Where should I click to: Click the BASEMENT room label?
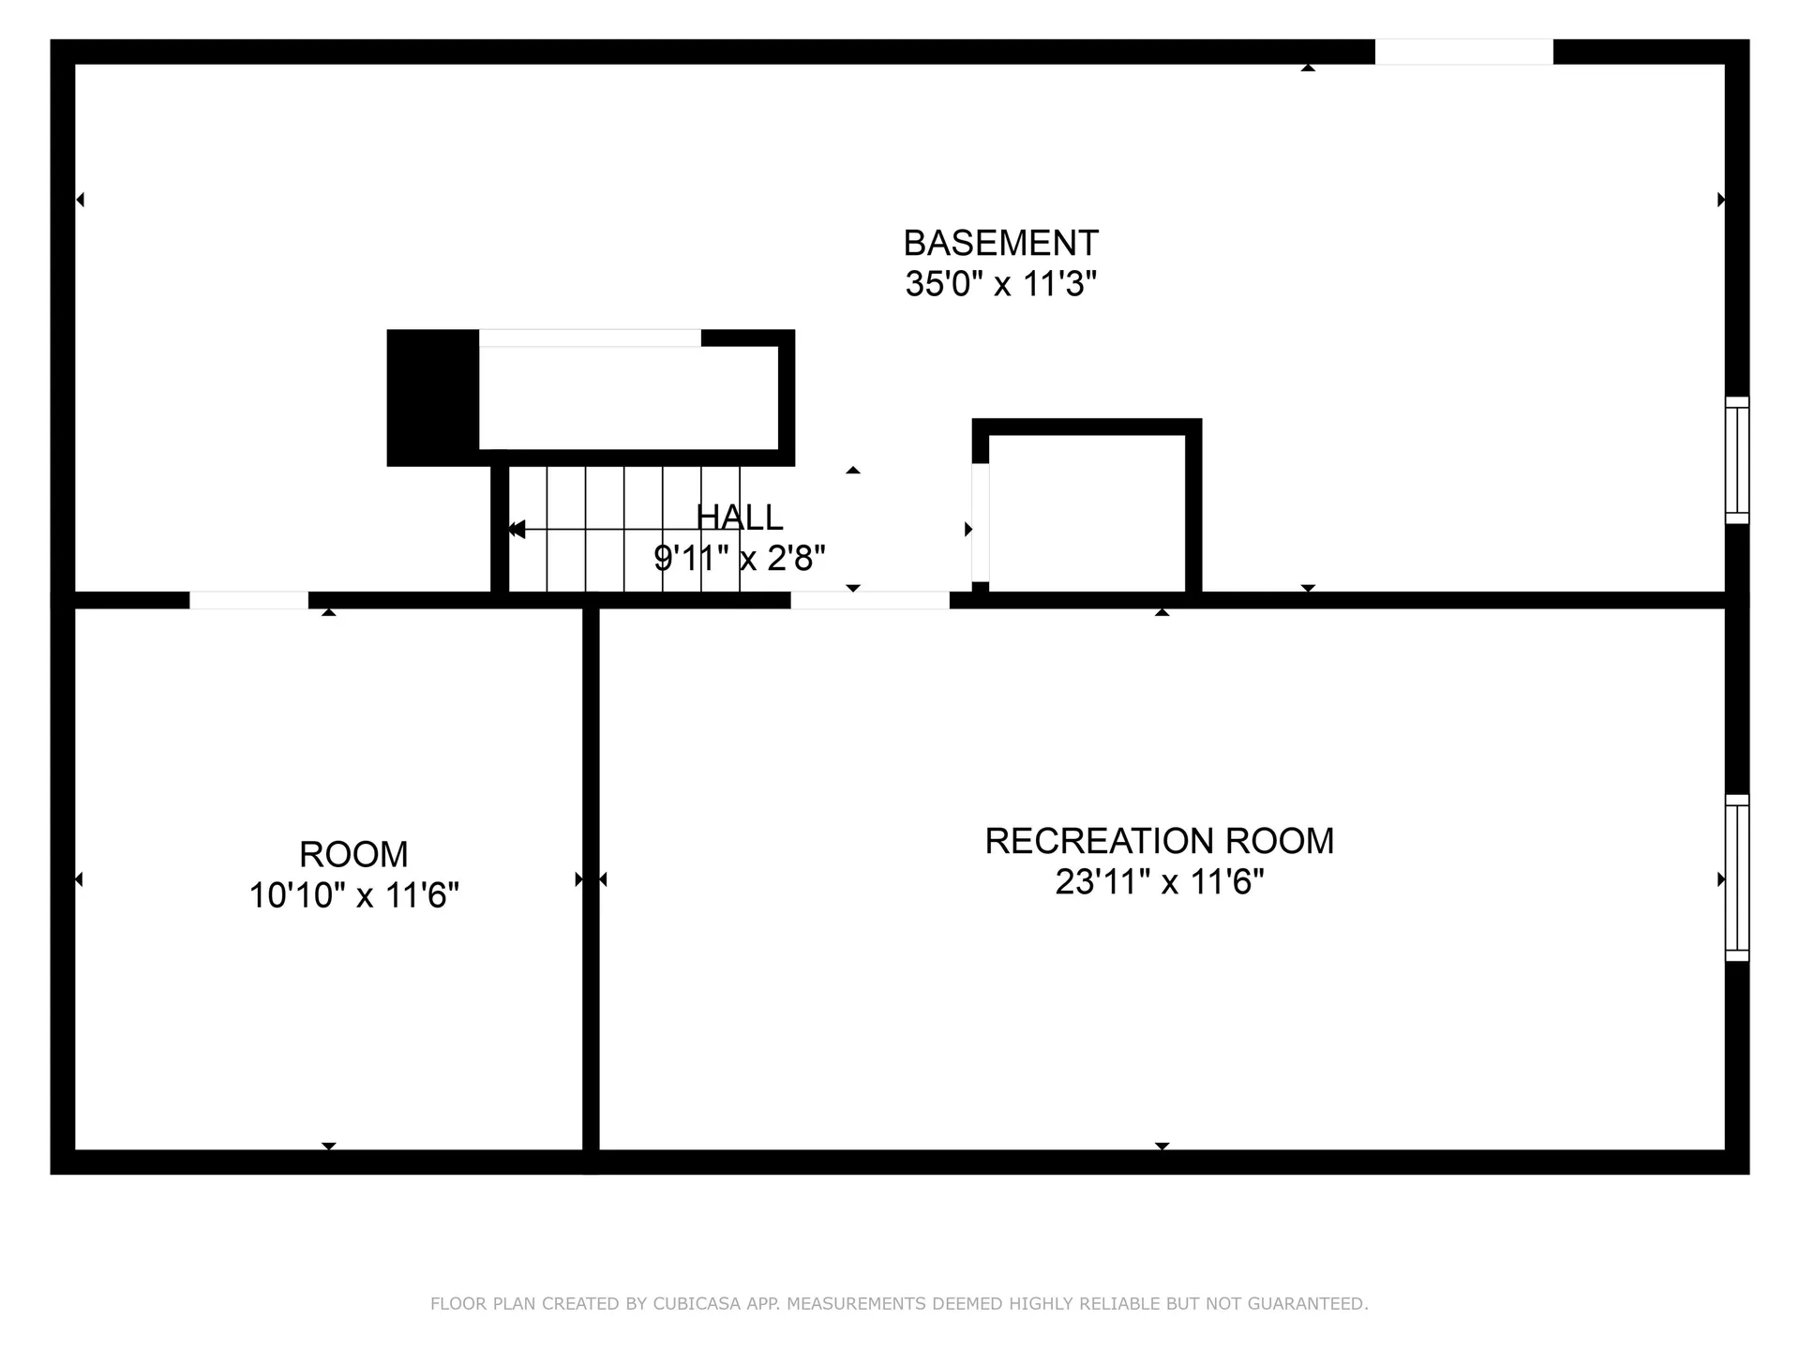(x=1000, y=243)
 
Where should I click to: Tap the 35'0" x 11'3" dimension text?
(x=1000, y=283)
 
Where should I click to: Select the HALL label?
(x=739, y=517)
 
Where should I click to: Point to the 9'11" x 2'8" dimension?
(x=739, y=558)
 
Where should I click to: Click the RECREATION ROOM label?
(x=1160, y=841)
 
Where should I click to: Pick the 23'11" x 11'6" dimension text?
(x=1160, y=882)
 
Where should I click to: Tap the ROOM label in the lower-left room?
(x=353, y=854)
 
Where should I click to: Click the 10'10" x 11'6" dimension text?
(x=353, y=895)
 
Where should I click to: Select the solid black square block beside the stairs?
(x=433, y=397)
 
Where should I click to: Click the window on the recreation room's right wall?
(x=1737, y=878)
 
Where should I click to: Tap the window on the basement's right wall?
(x=1737, y=460)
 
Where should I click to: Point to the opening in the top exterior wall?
(x=1463, y=52)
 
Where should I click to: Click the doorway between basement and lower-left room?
(x=248, y=600)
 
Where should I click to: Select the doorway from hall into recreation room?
(x=870, y=600)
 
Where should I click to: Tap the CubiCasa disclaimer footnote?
(x=899, y=1303)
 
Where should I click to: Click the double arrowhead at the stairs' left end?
(x=516, y=530)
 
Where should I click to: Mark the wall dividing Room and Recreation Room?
(x=591, y=885)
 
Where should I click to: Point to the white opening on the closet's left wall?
(x=980, y=523)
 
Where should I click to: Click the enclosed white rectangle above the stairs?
(x=628, y=398)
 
